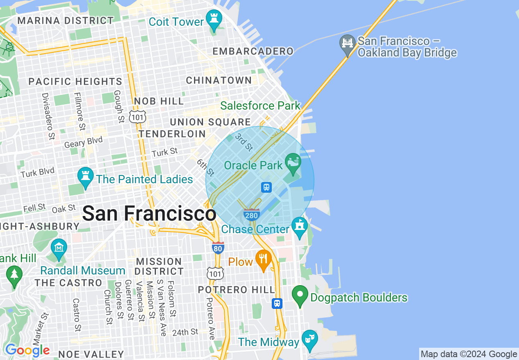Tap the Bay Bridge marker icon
[348, 43]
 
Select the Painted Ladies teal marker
[85, 177]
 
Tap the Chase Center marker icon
[299, 226]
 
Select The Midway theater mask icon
[310, 339]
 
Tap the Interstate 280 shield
[251, 214]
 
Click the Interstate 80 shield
[218, 248]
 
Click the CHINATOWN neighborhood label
[219, 80]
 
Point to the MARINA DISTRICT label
[65, 20]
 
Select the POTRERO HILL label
[236, 290]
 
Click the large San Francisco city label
[149, 214]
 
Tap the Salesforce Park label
[260, 106]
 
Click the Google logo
[27, 350]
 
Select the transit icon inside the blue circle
[266, 187]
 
